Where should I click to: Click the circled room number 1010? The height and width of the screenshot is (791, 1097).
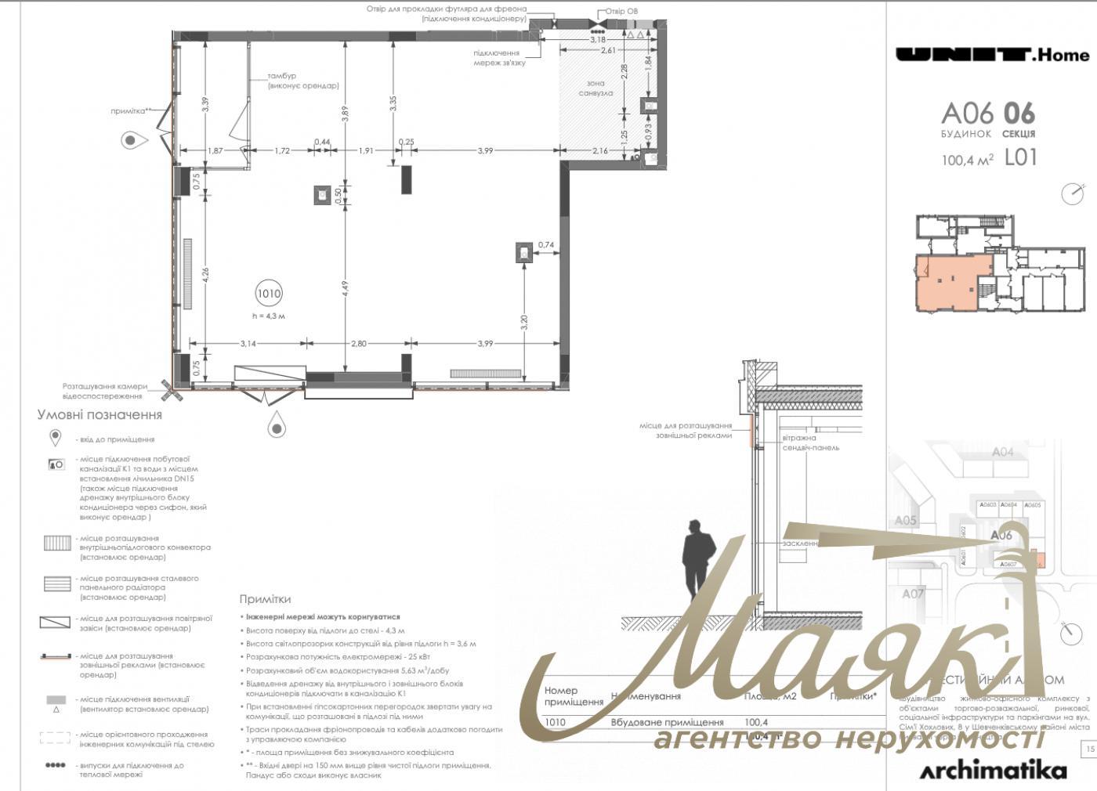(268, 294)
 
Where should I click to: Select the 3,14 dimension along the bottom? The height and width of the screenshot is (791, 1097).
(248, 343)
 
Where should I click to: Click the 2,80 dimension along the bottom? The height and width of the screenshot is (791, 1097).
(358, 343)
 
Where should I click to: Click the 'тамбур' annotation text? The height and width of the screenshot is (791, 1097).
(282, 76)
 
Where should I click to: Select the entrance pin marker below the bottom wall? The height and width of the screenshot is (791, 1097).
(276, 427)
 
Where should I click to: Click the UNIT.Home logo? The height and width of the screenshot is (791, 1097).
(992, 54)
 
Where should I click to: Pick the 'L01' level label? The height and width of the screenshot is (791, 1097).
(1020, 157)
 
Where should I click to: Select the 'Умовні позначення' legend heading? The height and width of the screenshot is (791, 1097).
(100, 415)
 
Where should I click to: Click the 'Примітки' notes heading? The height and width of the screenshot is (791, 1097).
(265, 599)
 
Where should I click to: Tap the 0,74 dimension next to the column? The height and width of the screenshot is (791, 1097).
(546, 245)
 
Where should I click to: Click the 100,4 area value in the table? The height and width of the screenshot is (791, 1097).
(756, 722)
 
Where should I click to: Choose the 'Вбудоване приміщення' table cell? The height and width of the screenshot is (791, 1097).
(667, 722)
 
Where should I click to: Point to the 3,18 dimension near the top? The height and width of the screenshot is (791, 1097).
(598, 39)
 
